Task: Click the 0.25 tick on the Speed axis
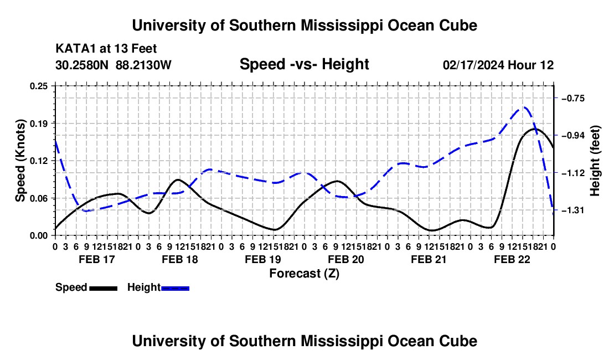[x=39, y=86]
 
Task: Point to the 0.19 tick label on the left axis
[x=39, y=124]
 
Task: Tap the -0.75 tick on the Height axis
[x=573, y=98]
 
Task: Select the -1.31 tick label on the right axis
[x=573, y=210]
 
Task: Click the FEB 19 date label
[x=263, y=259]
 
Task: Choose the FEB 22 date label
[x=512, y=259]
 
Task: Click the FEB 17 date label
[x=97, y=259]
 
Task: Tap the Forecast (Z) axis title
[x=304, y=274]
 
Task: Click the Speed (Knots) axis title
[x=20, y=161]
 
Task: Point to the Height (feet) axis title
[x=595, y=161]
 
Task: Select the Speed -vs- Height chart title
[x=304, y=64]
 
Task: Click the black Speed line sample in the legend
[x=104, y=288]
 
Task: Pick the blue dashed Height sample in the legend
[x=175, y=288]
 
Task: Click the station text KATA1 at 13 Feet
[x=106, y=49]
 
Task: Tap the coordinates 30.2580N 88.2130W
[x=113, y=65]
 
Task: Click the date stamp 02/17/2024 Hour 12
[x=498, y=65]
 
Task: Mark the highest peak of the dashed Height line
[x=524, y=107]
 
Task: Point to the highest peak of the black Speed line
[x=536, y=128]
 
